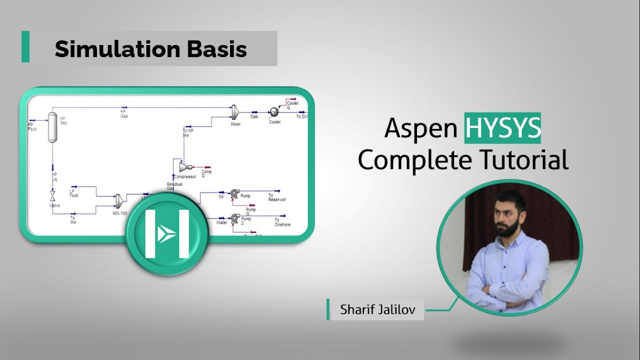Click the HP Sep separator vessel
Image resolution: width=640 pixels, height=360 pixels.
51,128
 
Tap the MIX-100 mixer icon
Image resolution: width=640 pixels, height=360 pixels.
119,201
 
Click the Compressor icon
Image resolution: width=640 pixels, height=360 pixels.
183,167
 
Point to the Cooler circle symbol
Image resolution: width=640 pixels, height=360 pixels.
274,112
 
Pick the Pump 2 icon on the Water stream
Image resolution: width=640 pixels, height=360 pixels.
235,218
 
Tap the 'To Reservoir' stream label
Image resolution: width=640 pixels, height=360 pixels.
277,197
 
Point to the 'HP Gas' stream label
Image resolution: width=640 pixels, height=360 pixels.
123,114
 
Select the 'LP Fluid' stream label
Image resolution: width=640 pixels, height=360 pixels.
74,193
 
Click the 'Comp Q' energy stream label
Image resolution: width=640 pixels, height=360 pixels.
206,173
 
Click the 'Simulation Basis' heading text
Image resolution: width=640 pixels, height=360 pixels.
150,49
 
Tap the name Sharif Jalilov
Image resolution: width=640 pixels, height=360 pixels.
377,309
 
